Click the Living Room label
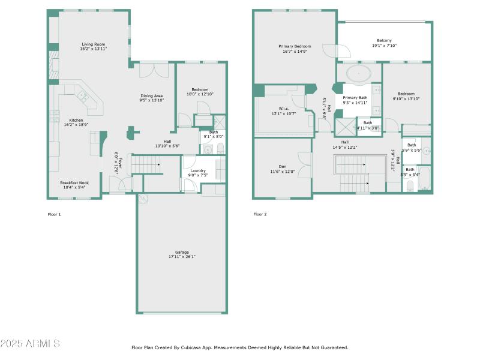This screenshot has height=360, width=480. click(94, 44)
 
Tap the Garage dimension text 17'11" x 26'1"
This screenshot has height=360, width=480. click(182, 257)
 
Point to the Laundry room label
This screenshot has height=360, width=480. click(198, 171)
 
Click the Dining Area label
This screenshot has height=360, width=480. click(151, 96)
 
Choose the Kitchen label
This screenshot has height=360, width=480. click(76, 120)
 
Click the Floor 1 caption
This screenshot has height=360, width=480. click(54, 214)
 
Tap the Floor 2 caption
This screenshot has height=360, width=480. click(260, 214)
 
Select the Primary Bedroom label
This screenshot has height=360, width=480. click(295, 46)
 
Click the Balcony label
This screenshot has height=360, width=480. click(384, 40)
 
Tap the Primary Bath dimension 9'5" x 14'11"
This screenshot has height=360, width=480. click(355, 103)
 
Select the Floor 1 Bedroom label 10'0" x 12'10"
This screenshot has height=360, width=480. click(200, 94)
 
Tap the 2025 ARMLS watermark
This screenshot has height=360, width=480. click(30, 344)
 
